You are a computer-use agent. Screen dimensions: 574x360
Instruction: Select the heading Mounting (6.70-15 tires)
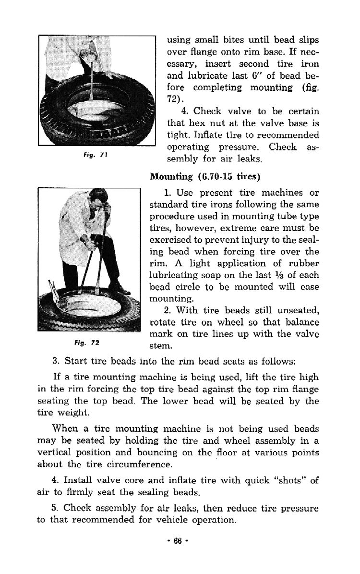pos(205,176)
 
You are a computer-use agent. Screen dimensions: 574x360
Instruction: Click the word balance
pos(299,322)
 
